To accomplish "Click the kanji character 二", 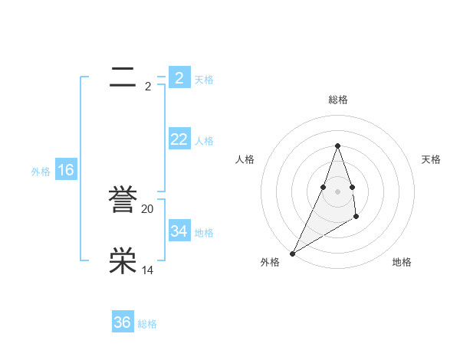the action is point(123,77).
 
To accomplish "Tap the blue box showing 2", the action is point(179,77).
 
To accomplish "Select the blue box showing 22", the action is point(179,139).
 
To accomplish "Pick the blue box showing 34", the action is point(179,231).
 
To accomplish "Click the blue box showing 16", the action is point(66,170).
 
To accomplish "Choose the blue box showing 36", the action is point(123,322).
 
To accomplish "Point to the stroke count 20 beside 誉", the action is point(148,209).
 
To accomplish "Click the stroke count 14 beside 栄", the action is point(148,270).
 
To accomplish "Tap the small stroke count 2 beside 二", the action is point(148,87).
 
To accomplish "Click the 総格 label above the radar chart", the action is point(337,100).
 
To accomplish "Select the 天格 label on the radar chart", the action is point(431,159).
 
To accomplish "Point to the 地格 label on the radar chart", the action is point(402,262).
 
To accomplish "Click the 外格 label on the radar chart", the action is point(270,262).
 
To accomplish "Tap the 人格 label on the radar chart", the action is point(245,159).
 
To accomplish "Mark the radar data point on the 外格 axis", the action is point(293,253).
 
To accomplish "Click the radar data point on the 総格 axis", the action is point(337,146).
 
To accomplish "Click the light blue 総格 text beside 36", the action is point(147,324).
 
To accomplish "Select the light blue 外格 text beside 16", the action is point(41,172).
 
